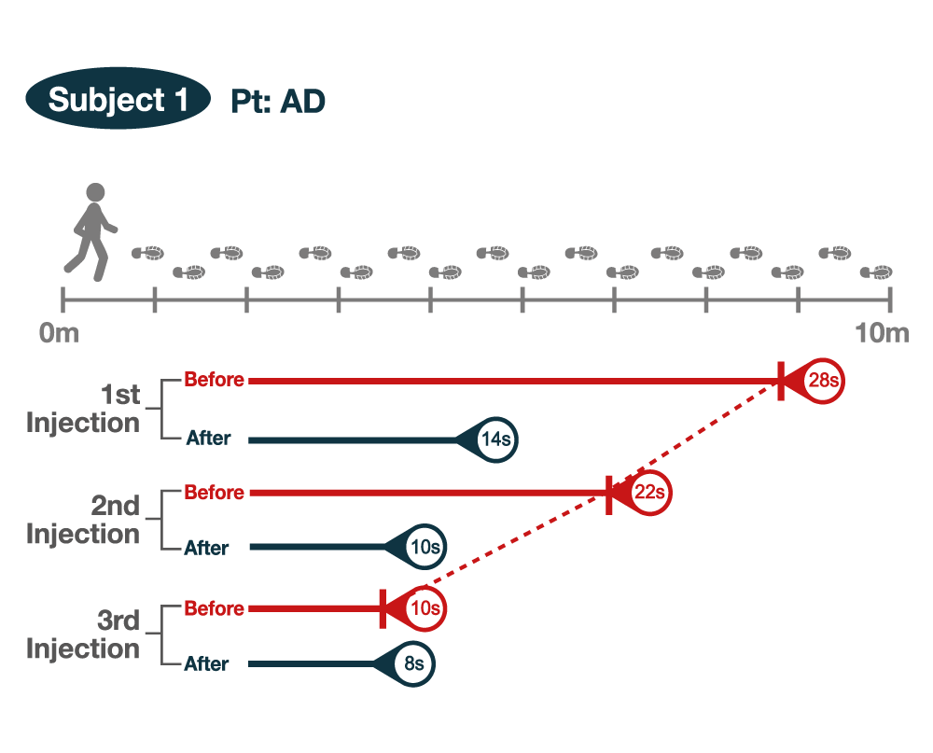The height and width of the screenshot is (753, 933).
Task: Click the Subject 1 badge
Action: (x=118, y=99)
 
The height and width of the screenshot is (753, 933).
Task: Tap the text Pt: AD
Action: (x=278, y=101)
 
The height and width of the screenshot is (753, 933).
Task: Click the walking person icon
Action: (x=92, y=231)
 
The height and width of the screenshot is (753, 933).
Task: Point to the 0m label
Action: (x=60, y=333)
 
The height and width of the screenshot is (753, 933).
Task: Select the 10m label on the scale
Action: (x=882, y=333)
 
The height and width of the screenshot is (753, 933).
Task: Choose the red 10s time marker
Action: (x=424, y=608)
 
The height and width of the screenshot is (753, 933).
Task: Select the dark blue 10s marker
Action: (x=424, y=548)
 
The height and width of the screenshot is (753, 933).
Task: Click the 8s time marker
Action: (x=413, y=664)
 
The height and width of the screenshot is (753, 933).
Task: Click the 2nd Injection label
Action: (x=83, y=521)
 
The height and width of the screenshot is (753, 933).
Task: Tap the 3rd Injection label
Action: (x=83, y=635)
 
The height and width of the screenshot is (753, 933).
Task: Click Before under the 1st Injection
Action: (x=214, y=380)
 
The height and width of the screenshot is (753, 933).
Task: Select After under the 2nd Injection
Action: (x=206, y=548)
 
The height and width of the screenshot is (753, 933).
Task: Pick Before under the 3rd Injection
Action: (x=214, y=608)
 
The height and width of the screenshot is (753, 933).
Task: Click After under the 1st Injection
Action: (x=207, y=439)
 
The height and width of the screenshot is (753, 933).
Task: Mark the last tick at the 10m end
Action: (x=890, y=300)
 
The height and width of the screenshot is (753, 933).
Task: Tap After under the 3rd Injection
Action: (x=206, y=664)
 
